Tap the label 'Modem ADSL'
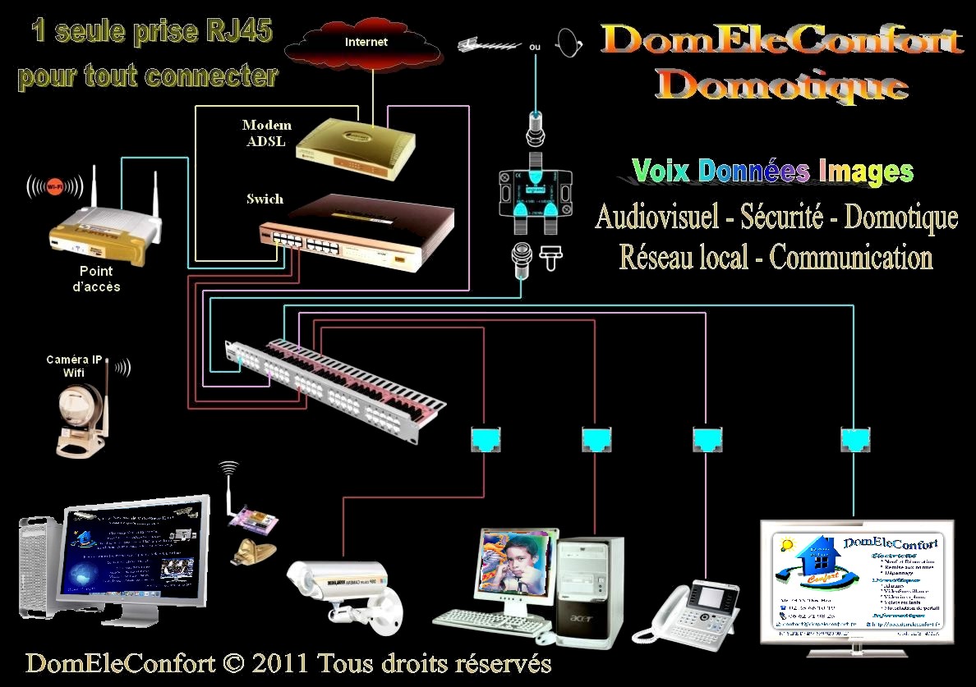(x=265, y=133)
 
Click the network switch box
(x=359, y=231)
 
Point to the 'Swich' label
(x=265, y=199)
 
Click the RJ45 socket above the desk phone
(x=706, y=439)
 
